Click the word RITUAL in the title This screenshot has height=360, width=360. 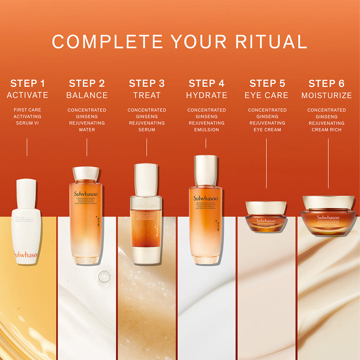[x=271, y=42]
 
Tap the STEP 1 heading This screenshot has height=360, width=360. [x=27, y=83]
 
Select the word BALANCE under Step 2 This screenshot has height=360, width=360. [x=87, y=95]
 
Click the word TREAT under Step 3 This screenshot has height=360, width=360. [x=147, y=95]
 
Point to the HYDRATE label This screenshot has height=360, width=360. [x=207, y=95]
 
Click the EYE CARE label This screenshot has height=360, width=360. [x=266, y=95]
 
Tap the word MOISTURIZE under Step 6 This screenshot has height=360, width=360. [x=327, y=95]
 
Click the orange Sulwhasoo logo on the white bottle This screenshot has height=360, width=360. [x=26, y=255]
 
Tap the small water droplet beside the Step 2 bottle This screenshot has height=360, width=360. [x=104, y=276]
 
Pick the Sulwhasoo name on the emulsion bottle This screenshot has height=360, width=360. [x=205, y=198]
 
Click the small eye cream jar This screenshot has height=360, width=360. [x=266, y=217]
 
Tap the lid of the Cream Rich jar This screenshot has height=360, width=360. [x=328, y=202]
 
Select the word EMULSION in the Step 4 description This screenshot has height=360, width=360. [x=207, y=130]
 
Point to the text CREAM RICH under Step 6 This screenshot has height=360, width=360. [x=327, y=130]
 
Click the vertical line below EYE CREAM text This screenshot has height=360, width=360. [x=266, y=163]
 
